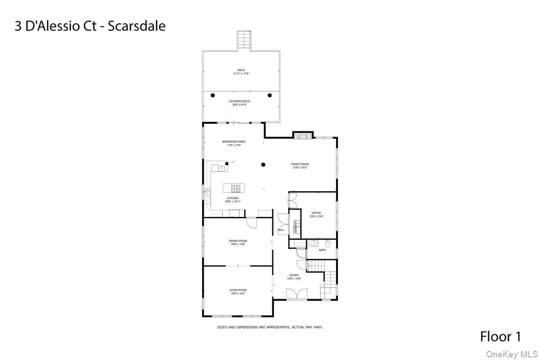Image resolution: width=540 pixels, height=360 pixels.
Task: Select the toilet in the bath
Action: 328,244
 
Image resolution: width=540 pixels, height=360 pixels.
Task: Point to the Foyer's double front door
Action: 297,294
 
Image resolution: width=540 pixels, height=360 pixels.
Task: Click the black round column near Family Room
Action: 264,165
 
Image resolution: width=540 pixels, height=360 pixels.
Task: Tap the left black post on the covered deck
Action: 213,95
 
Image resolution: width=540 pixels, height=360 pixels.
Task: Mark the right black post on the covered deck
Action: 270,95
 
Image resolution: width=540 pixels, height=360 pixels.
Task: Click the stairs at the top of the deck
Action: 243,40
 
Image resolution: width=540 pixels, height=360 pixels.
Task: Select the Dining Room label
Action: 238,241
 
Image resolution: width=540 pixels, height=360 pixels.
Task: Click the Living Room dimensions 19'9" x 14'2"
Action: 238,293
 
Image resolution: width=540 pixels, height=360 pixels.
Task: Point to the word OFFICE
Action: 316,213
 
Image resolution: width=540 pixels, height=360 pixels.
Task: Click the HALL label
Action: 281,230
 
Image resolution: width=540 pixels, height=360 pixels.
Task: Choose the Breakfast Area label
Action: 234,142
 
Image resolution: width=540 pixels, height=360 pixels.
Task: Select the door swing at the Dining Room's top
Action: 251,222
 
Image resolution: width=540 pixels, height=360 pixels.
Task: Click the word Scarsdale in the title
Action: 139,26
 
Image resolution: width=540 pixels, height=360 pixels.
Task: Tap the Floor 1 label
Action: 500,336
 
